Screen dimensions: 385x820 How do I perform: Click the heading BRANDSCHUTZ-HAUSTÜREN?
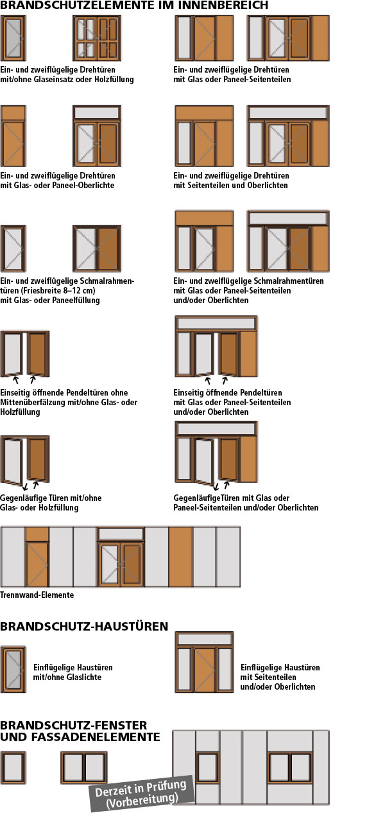click(x=84, y=626)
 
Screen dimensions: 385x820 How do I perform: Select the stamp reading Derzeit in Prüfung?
click(x=142, y=794)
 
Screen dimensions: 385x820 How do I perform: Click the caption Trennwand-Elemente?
click(x=37, y=595)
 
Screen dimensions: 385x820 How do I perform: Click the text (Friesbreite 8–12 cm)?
click(x=47, y=291)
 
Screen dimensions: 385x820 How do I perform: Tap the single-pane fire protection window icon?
click(x=13, y=767)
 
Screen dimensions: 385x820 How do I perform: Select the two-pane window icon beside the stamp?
click(x=84, y=767)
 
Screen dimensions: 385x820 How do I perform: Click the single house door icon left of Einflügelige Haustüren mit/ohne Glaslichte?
click(x=13, y=670)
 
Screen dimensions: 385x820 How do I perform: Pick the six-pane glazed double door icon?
click(x=97, y=38)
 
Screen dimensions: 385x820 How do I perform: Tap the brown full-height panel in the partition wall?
click(x=181, y=557)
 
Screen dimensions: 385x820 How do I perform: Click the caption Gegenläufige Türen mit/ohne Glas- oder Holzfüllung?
click(x=51, y=503)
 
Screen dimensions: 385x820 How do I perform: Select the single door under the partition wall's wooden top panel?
click(x=37, y=564)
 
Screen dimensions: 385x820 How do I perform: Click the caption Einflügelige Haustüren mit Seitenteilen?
click(x=280, y=672)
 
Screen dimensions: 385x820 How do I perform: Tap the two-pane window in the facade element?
click(x=290, y=767)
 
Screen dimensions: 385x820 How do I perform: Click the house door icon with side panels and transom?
click(x=204, y=662)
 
